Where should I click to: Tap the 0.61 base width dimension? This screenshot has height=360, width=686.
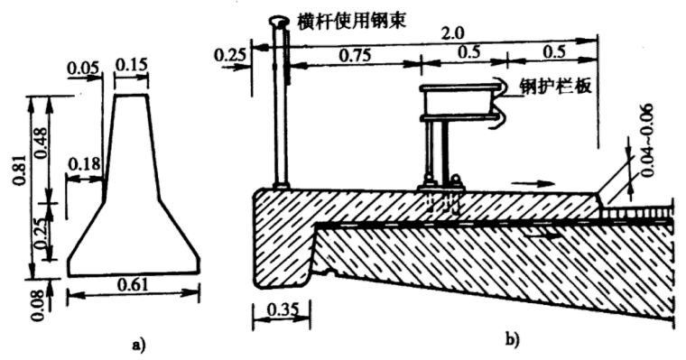point(133,285)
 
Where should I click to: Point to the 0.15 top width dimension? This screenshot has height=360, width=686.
point(130,64)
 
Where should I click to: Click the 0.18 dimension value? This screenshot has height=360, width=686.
point(85,164)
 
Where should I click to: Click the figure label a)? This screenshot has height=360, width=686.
point(138,346)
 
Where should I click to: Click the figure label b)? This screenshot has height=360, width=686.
point(513,339)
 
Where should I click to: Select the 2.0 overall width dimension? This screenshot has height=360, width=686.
point(453,32)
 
